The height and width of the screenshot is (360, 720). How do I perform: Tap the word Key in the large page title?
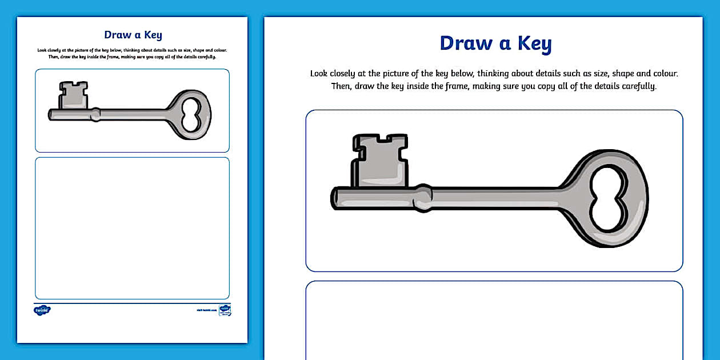pyautogui.click(x=534, y=43)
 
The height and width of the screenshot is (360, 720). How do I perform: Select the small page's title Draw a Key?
pyautogui.click(x=133, y=35)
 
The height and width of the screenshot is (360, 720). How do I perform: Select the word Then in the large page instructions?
pyautogui.click(x=342, y=86)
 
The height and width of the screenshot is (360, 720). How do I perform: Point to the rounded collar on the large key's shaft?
pyautogui.click(x=423, y=198)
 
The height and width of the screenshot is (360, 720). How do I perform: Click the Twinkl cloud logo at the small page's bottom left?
pyautogui.click(x=42, y=310)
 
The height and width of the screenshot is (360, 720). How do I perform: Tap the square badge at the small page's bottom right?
pyautogui.click(x=225, y=310)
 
